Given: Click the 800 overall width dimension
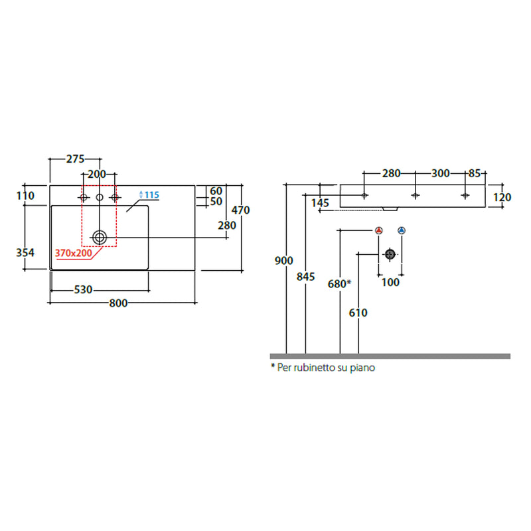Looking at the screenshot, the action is [x=118, y=303].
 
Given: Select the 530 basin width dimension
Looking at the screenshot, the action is [x=83, y=290].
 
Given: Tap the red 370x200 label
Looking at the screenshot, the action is [x=74, y=253].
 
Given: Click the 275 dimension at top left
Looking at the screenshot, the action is [x=75, y=159].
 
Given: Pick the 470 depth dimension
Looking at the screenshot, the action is [x=240, y=210].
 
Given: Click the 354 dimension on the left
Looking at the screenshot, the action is [x=25, y=253].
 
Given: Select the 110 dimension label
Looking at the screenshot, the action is [x=25, y=196].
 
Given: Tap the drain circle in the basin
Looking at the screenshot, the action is [x=100, y=238].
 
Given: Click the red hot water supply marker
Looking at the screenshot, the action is [x=379, y=230].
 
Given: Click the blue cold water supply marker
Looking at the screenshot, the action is [x=402, y=230].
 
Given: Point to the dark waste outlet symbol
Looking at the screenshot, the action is [x=390, y=254].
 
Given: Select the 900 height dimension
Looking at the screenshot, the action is [x=284, y=261].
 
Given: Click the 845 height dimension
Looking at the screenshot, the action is [x=305, y=277].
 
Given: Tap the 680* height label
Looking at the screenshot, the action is [x=339, y=284].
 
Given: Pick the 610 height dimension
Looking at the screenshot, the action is [x=358, y=313].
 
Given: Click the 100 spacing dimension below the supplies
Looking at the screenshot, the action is [x=390, y=283].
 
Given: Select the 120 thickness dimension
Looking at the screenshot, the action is [x=502, y=197].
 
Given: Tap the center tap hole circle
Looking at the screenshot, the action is [x=100, y=197].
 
